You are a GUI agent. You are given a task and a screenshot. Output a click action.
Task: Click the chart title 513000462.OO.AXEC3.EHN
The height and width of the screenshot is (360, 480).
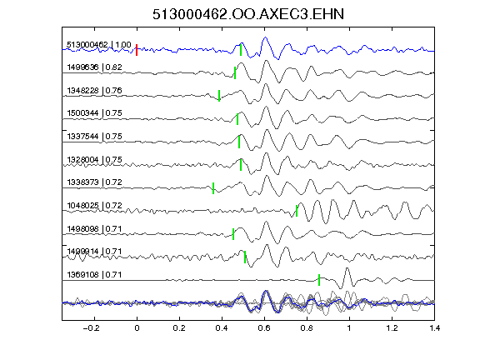(x=248, y=14)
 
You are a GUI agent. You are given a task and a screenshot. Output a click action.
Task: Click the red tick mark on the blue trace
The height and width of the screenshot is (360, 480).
(x=137, y=50)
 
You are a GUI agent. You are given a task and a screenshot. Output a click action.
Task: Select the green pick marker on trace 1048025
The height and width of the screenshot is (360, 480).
(x=297, y=211)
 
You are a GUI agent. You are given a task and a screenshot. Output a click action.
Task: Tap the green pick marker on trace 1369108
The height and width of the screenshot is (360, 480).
(x=319, y=280)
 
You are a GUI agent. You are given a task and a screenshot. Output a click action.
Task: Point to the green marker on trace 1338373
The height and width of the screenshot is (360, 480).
(x=213, y=188)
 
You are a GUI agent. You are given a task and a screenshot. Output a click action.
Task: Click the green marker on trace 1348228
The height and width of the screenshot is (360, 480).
(x=219, y=96)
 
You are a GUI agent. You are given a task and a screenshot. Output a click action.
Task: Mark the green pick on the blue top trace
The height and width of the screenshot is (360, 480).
(x=241, y=50)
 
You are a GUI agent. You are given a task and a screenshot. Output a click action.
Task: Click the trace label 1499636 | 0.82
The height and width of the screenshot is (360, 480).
(x=95, y=67)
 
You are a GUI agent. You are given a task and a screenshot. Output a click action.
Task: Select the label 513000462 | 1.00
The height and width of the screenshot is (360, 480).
(x=99, y=45)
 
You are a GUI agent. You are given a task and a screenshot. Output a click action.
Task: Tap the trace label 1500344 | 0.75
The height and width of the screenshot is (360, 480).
(x=95, y=113)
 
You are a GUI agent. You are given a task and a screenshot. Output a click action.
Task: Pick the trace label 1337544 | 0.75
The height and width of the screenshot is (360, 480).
(x=95, y=137)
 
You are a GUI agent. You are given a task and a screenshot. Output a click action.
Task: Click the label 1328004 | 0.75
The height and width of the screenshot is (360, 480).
(x=95, y=160)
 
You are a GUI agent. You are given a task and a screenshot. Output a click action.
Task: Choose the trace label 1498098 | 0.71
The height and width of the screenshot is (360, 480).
(x=95, y=229)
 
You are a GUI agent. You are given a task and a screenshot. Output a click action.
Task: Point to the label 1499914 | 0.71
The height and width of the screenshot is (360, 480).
(x=95, y=252)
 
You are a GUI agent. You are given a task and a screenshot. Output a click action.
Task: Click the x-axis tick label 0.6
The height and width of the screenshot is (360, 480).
(x=264, y=328)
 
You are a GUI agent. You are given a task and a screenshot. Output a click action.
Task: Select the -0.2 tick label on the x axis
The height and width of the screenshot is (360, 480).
(x=91, y=328)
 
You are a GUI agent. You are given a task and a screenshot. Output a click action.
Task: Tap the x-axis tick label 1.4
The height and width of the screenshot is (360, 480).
(x=434, y=328)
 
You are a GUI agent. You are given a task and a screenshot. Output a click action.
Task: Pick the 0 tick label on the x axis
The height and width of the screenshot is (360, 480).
(x=137, y=328)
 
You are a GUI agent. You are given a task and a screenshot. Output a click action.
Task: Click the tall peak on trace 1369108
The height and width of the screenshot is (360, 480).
(x=347, y=268)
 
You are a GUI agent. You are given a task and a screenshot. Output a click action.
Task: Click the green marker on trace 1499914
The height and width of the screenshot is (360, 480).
(x=245, y=257)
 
